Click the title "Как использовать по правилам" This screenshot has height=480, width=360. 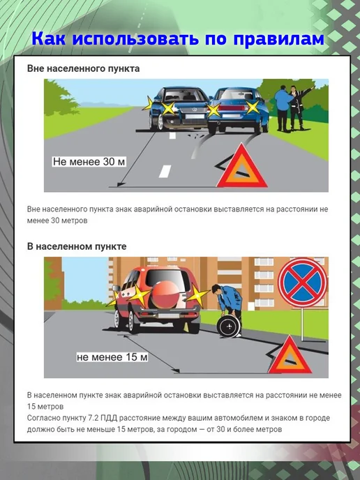coord(177,39)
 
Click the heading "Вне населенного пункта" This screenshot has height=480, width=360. coord(83,68)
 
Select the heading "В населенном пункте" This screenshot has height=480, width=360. coord(77,246)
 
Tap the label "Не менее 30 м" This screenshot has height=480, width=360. coord(89,161)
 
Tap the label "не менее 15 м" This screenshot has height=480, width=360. coord(112,357)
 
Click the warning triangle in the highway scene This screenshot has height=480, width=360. coord(242,167)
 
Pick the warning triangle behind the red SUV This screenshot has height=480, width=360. coord(285,357)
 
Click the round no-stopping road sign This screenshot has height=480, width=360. coord(303,282)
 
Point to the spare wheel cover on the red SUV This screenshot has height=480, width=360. coord(165,294)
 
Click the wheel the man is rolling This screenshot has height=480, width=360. coord(227,327)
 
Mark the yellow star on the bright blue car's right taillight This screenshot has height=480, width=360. coord(253,107)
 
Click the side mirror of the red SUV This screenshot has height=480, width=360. coord(116,288)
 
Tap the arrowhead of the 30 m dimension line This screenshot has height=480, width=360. coord(121,184)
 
